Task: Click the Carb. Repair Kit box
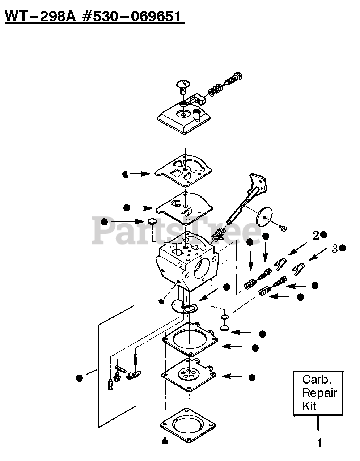pos(318,393)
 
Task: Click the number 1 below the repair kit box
pos(319,442)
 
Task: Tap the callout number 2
pos(316,236)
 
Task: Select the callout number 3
pos(335,249)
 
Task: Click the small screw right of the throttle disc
pos(283,228)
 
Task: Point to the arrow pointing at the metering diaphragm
pos(232,376)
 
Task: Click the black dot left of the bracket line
pos(79,378)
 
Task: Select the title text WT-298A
pos(39,17)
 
